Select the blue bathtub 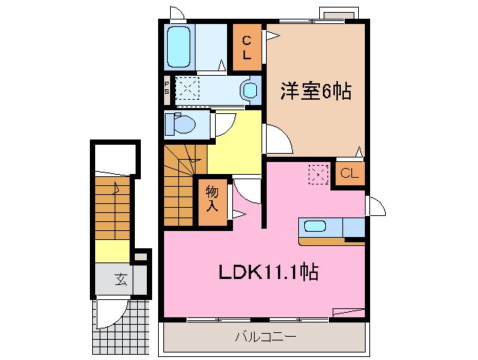(180, 46)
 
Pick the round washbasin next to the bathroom (249, 91)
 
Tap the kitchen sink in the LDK (313, 226)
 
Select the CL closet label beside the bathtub (246, 47)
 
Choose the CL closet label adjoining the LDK (349, 175)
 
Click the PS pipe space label (167, 88)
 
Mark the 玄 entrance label (120, 280)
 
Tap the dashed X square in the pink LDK (318, 174)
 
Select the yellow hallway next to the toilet (234, 142)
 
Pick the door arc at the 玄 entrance (111, 309)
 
